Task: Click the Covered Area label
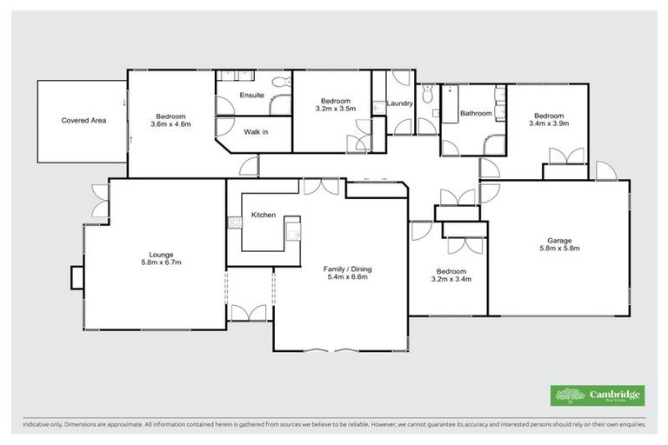(83, 121)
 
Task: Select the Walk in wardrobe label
(256, 132)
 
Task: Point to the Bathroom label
(476, 113)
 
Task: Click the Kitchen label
(264, 215)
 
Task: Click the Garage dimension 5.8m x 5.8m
(558, 249)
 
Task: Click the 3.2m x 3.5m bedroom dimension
(335, 109)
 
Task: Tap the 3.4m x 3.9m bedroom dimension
(549, 124)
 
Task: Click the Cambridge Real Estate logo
(598, 395)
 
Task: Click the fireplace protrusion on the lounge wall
(76, 277)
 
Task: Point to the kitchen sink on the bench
(294, 232)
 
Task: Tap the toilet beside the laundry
(427, 96)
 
